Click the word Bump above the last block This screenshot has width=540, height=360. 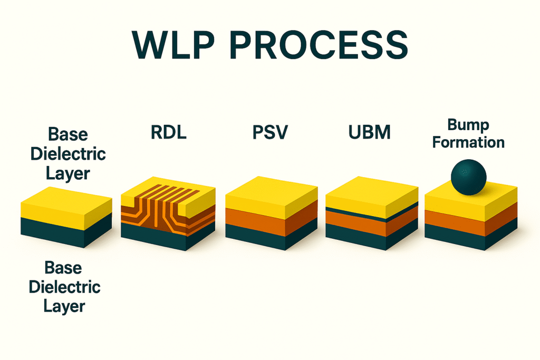click(468, 125)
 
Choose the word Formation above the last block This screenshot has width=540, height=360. click(468, 142)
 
